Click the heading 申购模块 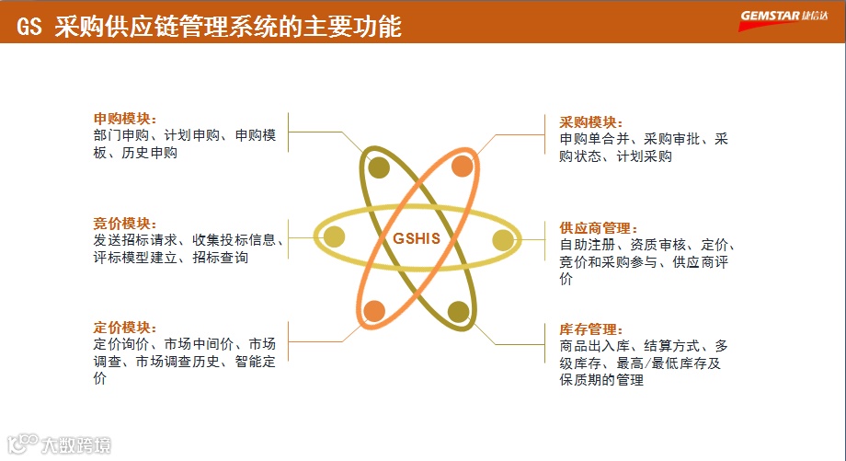pyautogui.click(x=125, y=120)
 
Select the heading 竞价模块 pyautogui.click(x=125, y=224)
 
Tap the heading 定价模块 pyautogui.click(x=125, y=328)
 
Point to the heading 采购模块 pyautogui.click(x=591, y=122)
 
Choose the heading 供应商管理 pyautogui.click(x=599, y=228)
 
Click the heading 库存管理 pyautogui.click(x=591, y=329)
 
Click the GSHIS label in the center pyautogui.click(x=417, y=238)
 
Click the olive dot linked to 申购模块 pyautogui.click(x=379, y=167)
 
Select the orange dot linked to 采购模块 pyautogui.click(x=463, y=167)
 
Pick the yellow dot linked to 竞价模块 pyautogui.click(x=335, y=237)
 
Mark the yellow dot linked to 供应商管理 pyautogui.click(x=502, y=241)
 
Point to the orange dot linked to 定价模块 pyautogui.click(x=373, y=311)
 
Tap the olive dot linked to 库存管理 pyautogui.click(x=458, y=312)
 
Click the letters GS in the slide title pyautogui.click(x=29, y=27)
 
